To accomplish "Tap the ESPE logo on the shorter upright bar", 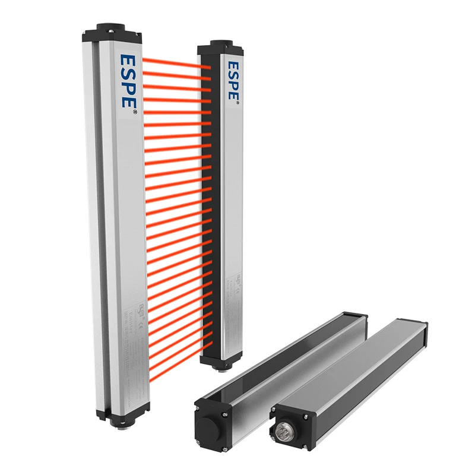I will pyautogui.click(x=233, y=80).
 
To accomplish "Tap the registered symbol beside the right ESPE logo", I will pyautogui.click(x=238, y=104).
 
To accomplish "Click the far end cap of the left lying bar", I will pyautogui.click(x=356, y=318).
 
